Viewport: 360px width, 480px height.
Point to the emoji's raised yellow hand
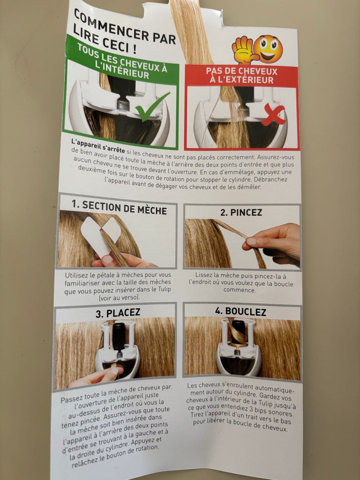[244, 52]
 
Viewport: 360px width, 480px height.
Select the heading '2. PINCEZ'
[241, 213]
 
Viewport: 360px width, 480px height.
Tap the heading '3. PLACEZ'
[118, 313]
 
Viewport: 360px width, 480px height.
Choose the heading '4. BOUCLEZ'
[240, 312]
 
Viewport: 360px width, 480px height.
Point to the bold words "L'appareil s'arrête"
[98, 145]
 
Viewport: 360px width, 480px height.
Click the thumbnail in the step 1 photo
[108, 260]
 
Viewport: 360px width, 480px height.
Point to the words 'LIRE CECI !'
[105, 40]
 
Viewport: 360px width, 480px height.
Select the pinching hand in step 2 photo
[273, 245]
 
